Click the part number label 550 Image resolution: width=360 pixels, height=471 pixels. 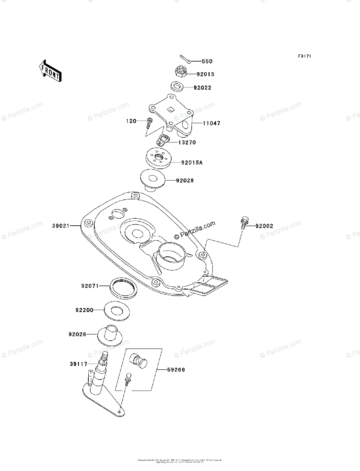click(x=207, y=62)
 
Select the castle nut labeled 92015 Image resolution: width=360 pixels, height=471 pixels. click(x=181, y=71)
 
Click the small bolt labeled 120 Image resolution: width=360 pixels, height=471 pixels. click(x=149, y=123)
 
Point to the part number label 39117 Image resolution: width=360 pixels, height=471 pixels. click(x=79, y=364)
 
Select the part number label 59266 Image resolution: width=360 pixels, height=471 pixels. click(x=175, y=370)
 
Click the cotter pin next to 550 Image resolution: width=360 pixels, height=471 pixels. click(x=186, y=59)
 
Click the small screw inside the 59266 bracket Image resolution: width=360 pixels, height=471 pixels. click(x=127, y=380)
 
